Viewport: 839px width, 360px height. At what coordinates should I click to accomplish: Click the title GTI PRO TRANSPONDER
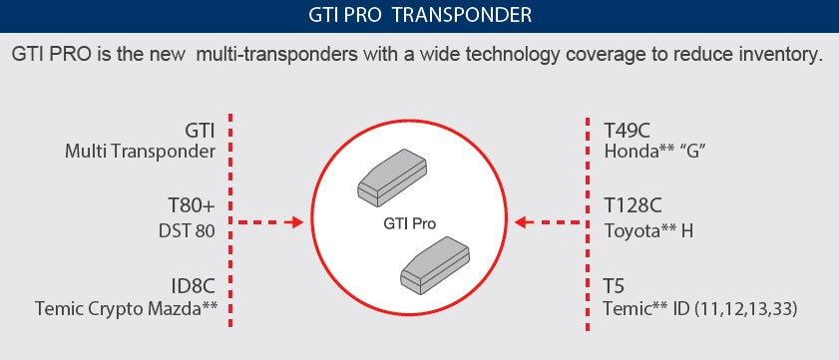point(419,15)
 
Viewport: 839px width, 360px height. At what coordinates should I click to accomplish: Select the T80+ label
point(192,206)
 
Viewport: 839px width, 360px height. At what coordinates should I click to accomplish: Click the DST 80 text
point(187,231)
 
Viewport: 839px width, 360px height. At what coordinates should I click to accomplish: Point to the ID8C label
point(194,286)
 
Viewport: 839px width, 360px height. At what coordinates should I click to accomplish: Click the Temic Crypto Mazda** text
point(126,309)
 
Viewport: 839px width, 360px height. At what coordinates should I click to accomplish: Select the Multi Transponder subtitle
point(141,152)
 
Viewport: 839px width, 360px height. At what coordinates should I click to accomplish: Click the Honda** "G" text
point(653,152)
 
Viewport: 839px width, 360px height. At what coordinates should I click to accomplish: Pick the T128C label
point(633,206)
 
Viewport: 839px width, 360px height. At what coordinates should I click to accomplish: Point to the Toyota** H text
point(649,231)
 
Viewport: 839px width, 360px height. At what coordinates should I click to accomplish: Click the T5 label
point(615,286)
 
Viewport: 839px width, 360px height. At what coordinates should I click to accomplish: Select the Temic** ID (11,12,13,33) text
point(700,309)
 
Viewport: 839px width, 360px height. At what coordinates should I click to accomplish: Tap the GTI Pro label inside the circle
point(410,223)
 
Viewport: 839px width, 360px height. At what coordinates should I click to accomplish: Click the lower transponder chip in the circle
point(435,269)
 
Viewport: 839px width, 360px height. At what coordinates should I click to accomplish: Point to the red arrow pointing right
point(271,222)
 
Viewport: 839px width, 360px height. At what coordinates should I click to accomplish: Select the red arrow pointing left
point(549,222)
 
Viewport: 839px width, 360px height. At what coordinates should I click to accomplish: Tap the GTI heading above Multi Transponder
point(201,129)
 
